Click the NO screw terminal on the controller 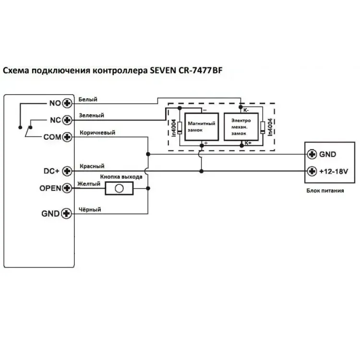click(67, 103)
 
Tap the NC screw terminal click(67, 120)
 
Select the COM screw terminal click(67, 137)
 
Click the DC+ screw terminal click(67, 171)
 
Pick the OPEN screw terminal click(67, 188)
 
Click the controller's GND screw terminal click(67, 214)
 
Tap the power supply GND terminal click(312, 154)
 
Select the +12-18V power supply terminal click(312, 171)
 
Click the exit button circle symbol click(119, 189)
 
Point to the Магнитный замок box click(202, 127)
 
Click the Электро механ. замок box click(241, 127)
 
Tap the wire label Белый click(88, 99)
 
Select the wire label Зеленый click(91, 115)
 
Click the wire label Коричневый click(97, 132)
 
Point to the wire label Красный click(92, 166)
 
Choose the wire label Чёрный click(90, 209)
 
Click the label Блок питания click(325, 191)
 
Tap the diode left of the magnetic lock click(180, 128)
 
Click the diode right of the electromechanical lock click(263, 128)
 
